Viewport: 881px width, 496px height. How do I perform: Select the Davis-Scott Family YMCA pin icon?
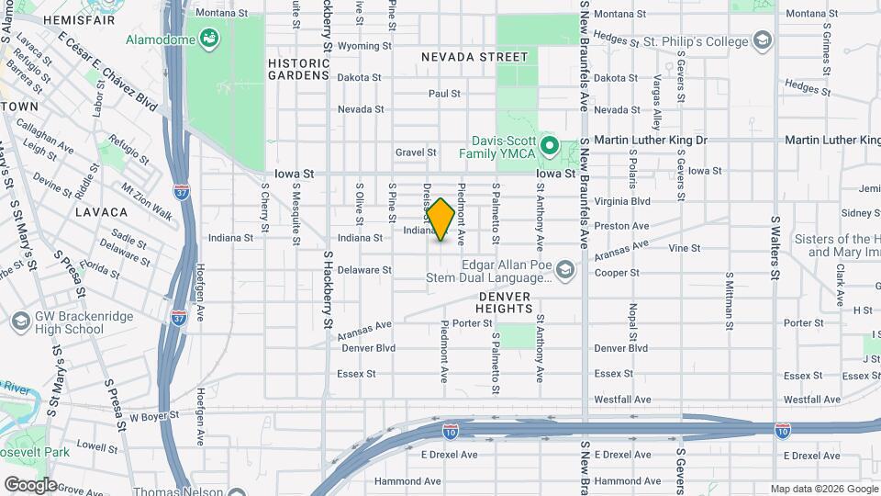(x=549, y=145)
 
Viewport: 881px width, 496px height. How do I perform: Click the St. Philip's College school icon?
(x=762, y=40)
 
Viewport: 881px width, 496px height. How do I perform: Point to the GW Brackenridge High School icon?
(x=20, y=322)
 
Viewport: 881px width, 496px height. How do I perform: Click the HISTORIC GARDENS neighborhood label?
(x=298, y=70)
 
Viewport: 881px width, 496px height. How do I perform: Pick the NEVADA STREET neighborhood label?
(x=474, y=57)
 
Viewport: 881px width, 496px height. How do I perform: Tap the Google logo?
(x=29, y=485)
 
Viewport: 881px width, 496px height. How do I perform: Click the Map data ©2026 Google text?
(x=822, y=489)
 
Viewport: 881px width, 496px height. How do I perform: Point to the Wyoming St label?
(x=365, y=46)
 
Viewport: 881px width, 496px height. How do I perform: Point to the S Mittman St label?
(x=729, y=300)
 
